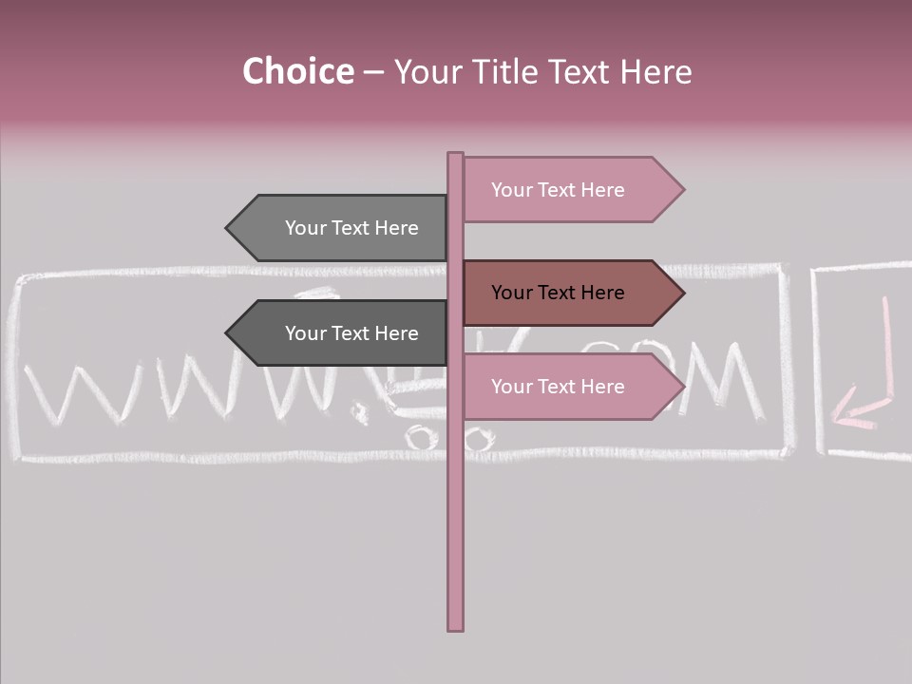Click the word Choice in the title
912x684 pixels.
(297, 72)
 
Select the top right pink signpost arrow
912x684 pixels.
(570, 190)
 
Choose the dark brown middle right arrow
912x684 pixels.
(570, 293)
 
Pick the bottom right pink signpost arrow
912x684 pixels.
(570, 387)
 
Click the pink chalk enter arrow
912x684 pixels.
(865, 380)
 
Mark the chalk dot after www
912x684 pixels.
(360, 411)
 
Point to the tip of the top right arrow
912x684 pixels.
(682, 190)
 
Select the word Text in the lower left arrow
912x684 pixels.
(351, 333)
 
